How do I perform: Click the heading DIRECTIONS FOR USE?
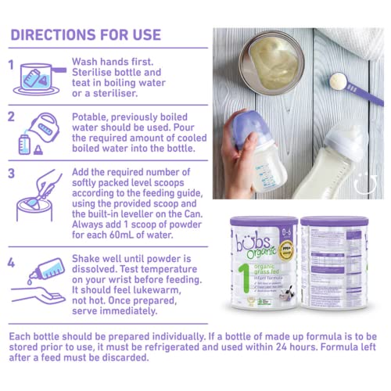tap(85, 35)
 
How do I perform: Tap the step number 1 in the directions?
tap(11, 64)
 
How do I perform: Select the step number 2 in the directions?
tap(11, 117)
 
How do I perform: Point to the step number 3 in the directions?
tap(11, 174)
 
